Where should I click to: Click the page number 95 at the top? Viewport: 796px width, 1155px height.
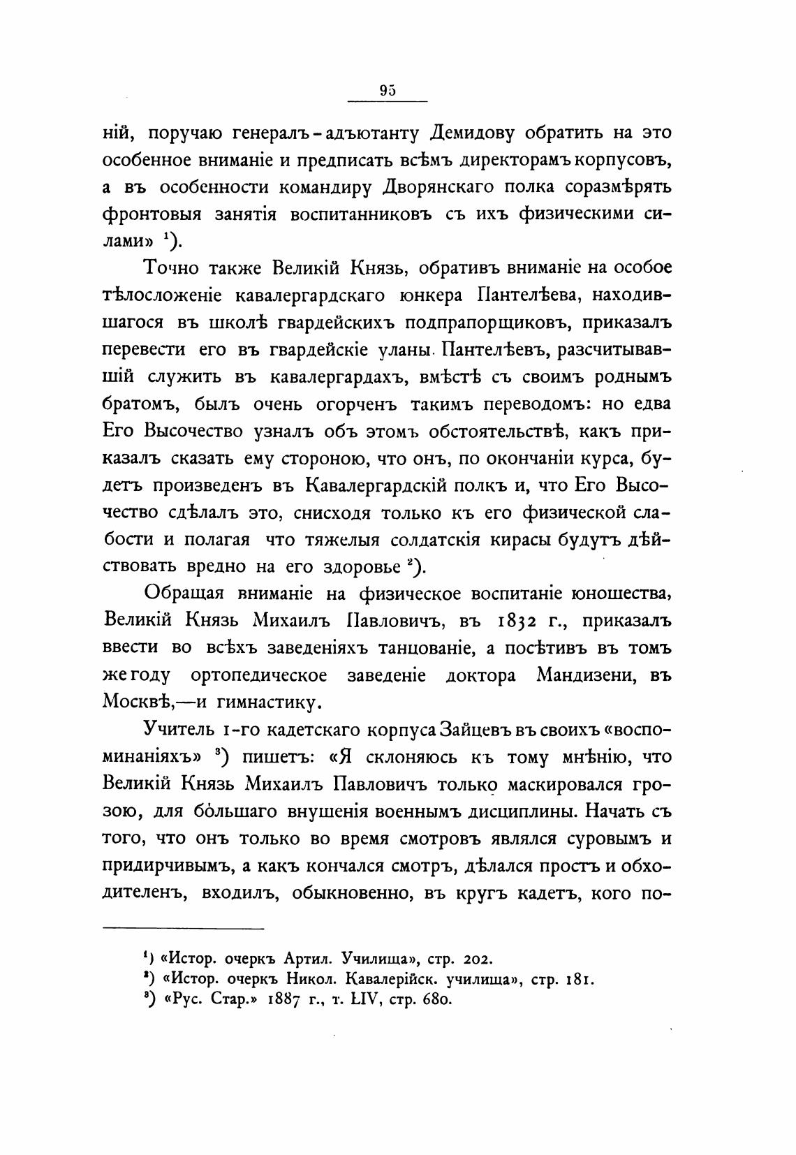[388, 89]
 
